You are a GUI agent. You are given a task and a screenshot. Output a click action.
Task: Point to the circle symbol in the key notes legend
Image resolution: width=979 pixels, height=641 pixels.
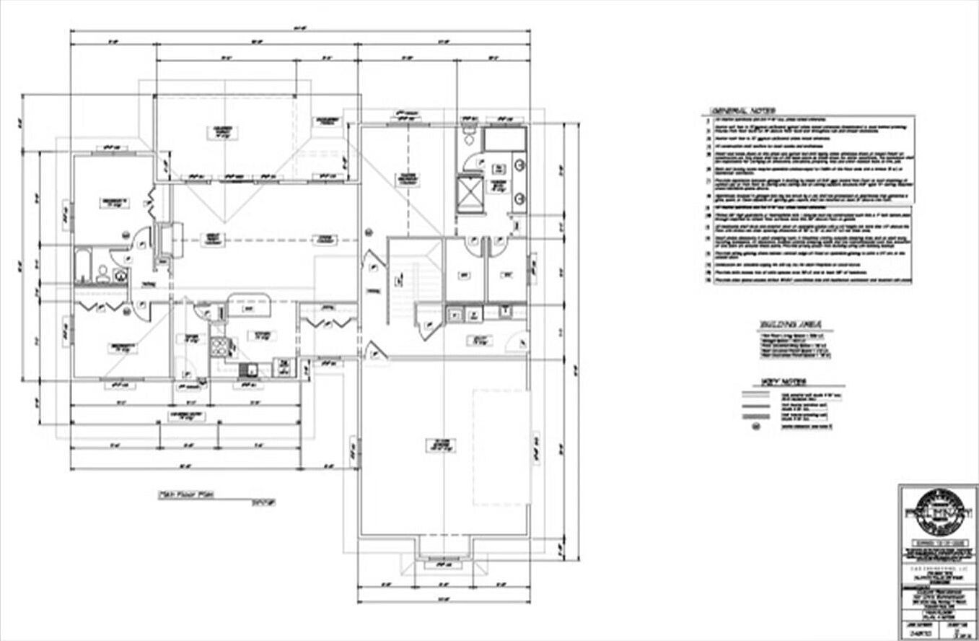pyautogui.click(x=757, y=427)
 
